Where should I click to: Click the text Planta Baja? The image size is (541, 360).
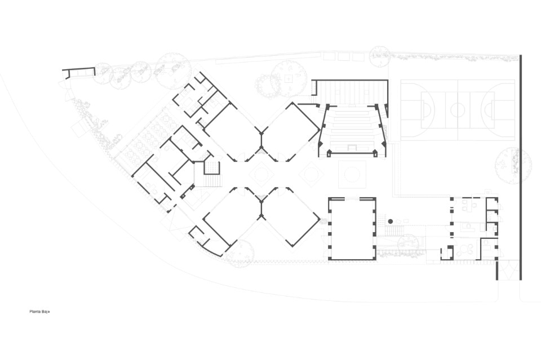point(39,312)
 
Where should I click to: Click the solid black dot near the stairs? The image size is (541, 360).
point(390,221)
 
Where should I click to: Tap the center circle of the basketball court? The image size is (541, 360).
point(458,110)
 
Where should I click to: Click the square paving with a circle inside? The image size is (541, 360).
point(352,174)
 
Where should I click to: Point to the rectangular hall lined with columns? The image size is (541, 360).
point(352,228)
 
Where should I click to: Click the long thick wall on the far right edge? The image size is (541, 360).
point(520,167)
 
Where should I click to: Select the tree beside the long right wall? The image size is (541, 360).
point(512,165)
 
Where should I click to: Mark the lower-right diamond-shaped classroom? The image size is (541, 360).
point(291,217)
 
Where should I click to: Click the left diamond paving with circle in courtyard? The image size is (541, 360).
point(261,174)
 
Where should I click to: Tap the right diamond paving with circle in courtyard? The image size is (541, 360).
point(311,174)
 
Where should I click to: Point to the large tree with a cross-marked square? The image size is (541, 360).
point(289,79)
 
